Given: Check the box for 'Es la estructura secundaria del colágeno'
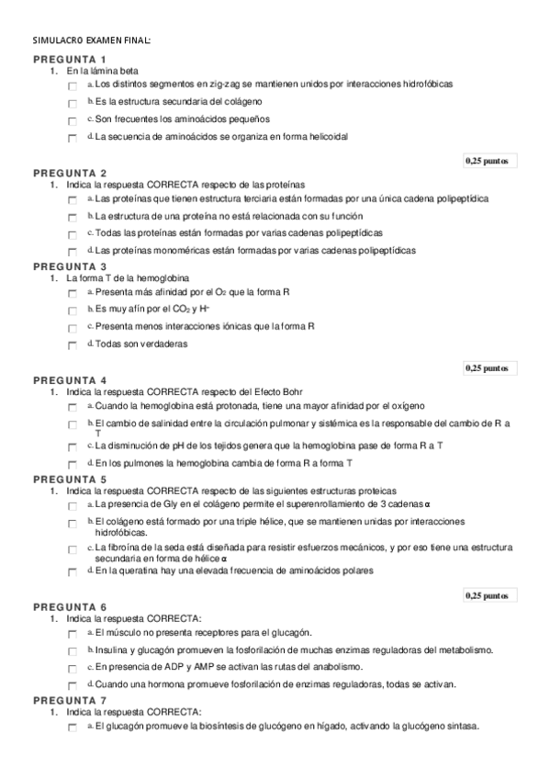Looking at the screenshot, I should [x=73, y=103].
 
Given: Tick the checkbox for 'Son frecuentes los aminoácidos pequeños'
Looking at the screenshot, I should [x=73, y=121].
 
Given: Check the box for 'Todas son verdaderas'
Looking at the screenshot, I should [x=73, y=346].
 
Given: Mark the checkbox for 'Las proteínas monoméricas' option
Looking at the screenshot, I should [x=73, y=252].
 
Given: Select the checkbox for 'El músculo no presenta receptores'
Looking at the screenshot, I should [x=73, y=634].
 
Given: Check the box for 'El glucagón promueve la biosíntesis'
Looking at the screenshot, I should [x=73, y=728].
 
